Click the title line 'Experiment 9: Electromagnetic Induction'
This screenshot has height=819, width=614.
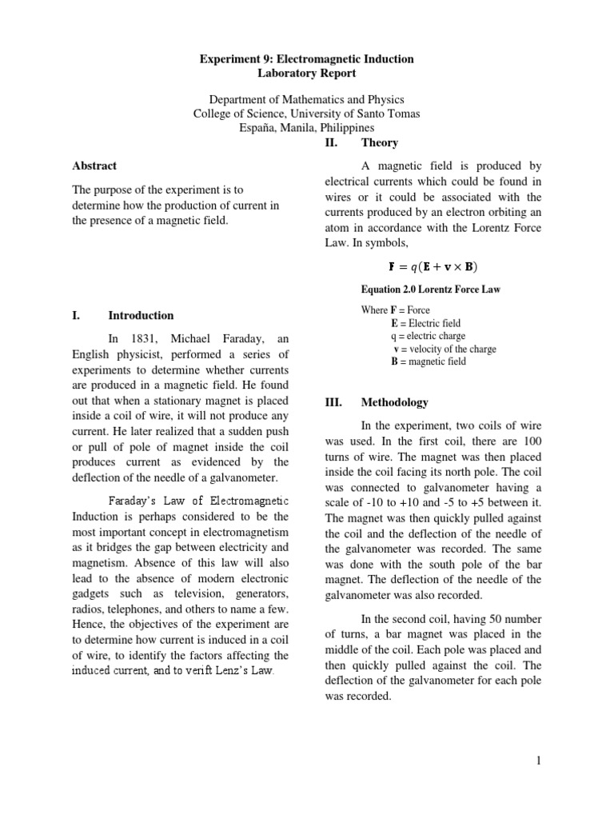click(307, 60)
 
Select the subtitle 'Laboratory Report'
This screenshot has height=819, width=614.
click(307, 74)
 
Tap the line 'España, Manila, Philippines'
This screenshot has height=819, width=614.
click(307, 127)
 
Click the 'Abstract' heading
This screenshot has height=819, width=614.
click(94, 166)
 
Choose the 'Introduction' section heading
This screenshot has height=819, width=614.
click(141, 315)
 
